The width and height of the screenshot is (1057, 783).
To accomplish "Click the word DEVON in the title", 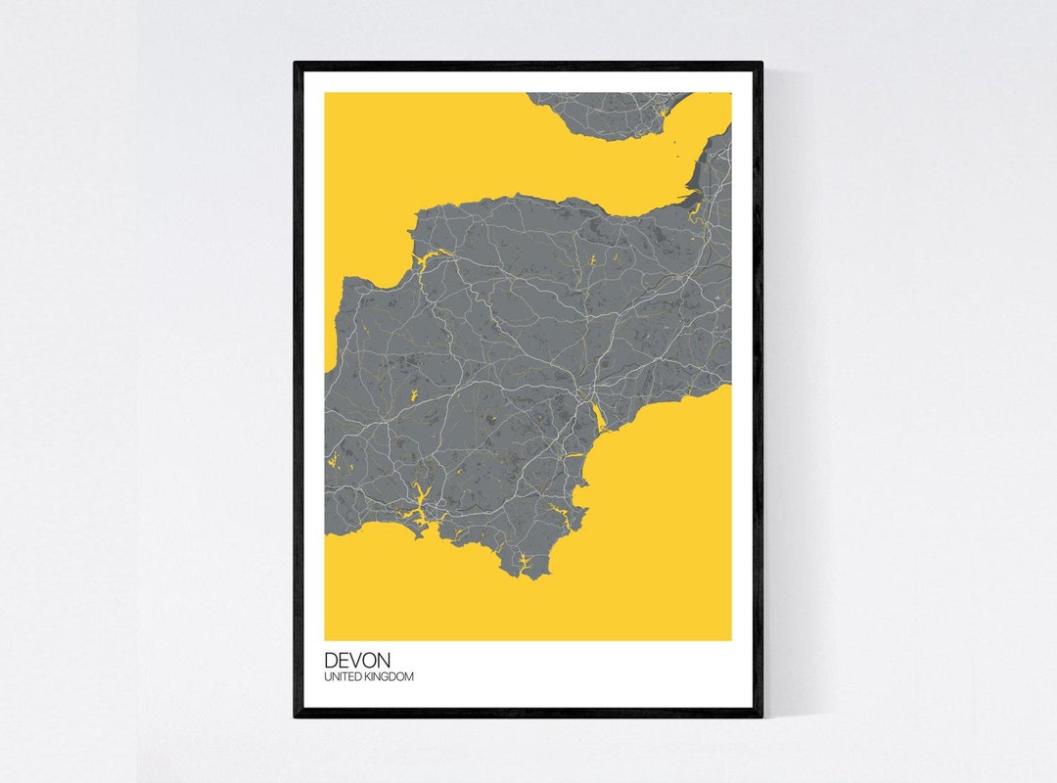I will tap(357, 661).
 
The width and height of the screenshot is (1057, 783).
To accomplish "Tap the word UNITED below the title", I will tap(345, 677).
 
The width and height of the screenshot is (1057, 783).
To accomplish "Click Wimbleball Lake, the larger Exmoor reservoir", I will tap(592, 260).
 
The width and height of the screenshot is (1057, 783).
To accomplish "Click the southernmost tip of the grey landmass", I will tap(531, 578).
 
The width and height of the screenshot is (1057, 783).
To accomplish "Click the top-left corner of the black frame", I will tap(296, 64).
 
